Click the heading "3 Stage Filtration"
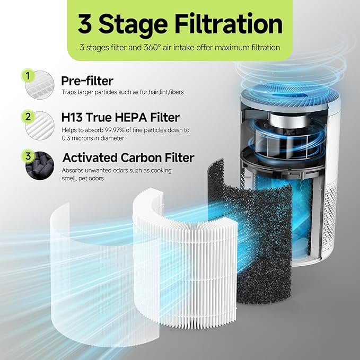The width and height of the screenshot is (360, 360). click(x=180, y=24)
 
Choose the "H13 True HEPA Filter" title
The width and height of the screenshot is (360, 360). click(x=120, y=118)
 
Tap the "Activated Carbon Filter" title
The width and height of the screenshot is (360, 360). click(x=128, y=157)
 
